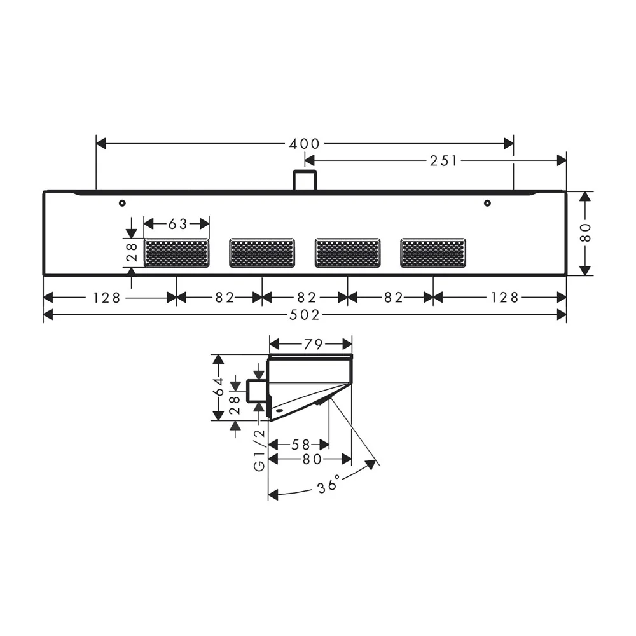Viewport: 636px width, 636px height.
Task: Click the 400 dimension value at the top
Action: tap(304, 144)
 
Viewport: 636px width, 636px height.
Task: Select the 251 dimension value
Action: tap(443, 161)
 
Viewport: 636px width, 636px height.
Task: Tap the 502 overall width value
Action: tap(305, 315)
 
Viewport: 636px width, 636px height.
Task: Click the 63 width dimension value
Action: tap(177, 224)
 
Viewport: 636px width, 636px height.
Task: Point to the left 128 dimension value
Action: tap(107, 298)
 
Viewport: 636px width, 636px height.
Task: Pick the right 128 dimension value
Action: tap(504, 298)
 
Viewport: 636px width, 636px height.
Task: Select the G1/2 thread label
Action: tap(259, 450)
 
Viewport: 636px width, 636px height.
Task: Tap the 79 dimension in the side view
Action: tap(313, 345)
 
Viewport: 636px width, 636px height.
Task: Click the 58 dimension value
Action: tap(301, 445)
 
